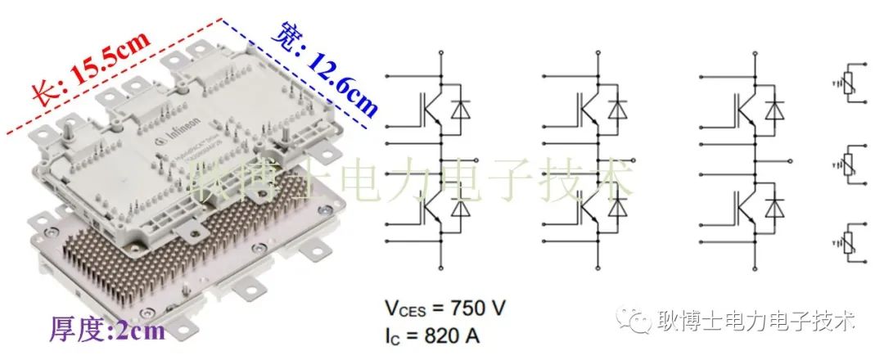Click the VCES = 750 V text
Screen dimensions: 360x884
[445, 309]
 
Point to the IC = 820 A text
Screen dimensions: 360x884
[434, 335]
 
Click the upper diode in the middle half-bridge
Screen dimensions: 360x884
[618, 110]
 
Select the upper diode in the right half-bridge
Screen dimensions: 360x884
[775, 110]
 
